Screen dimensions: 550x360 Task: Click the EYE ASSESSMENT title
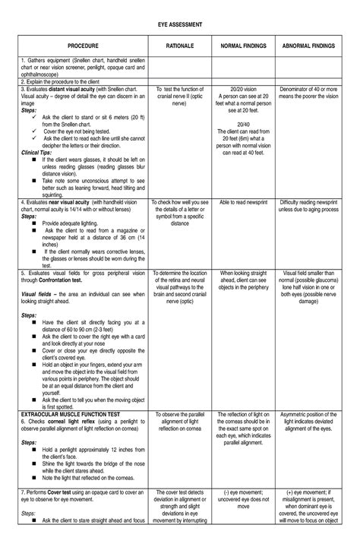point(179,24)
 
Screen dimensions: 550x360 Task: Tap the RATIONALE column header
point(179,46)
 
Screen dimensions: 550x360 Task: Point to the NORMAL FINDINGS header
point(243,46)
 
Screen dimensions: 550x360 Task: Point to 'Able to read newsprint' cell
point(243,203)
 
